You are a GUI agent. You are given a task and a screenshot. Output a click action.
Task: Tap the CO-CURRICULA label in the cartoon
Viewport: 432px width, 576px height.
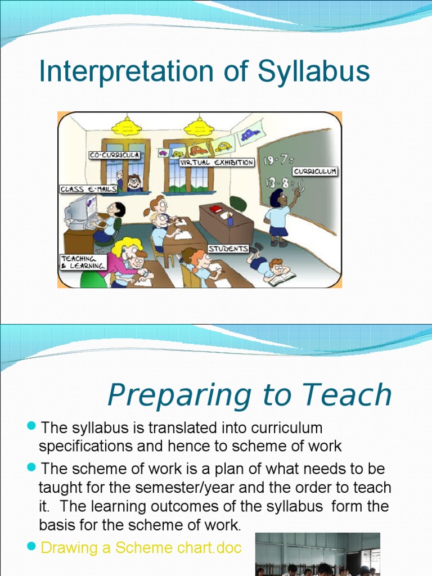114,155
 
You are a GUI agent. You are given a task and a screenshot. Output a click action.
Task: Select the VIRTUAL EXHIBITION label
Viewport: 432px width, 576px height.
217,163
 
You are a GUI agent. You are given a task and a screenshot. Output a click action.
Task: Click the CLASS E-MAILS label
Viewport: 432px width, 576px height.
88,190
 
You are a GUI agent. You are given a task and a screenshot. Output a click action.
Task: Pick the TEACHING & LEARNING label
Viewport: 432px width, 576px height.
83,262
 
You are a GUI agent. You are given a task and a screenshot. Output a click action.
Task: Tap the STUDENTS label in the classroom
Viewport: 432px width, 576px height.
228,248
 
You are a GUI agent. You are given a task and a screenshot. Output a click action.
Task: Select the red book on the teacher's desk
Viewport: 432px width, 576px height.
216,209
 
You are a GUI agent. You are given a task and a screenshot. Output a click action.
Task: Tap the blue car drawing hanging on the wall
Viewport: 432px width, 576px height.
250,135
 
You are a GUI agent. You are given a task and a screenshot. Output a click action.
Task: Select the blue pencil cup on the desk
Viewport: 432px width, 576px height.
230,220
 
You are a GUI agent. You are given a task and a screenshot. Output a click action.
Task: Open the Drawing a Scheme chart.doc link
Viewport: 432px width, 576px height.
141,548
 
